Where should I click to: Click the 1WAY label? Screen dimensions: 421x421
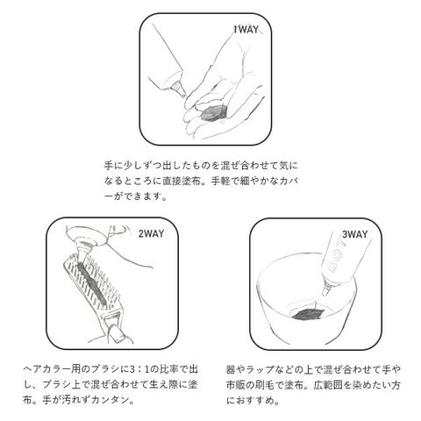pyautogui.click(x=246, y=29)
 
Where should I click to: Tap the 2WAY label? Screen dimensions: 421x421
pyautogui.click(x=151, y=233)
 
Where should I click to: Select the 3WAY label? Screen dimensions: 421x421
pyautogui.click(x=354, y=234)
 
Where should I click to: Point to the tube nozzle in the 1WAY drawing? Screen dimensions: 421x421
pyautogui.click(x=179, y=89)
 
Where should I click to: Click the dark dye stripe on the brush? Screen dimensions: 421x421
pyautogui.click(x=91, y=282)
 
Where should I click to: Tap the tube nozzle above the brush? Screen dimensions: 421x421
pyautogui.click(x=82, y=251)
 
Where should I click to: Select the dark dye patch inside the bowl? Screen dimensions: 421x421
pyautogui.click(x=307, y=314)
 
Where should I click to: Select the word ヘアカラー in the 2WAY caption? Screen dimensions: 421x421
pyautogui.click(x=47, y=369)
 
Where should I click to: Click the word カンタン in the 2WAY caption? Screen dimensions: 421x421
pyautogui.click(x=110, y=400)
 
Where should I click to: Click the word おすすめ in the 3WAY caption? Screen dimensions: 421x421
pyautogui.click(x=255, y=400)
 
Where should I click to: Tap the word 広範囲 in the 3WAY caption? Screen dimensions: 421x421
pyautogui.click(x=328, y=385)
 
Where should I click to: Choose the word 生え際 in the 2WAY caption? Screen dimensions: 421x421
pyautogui.click(x=164, y=384)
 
